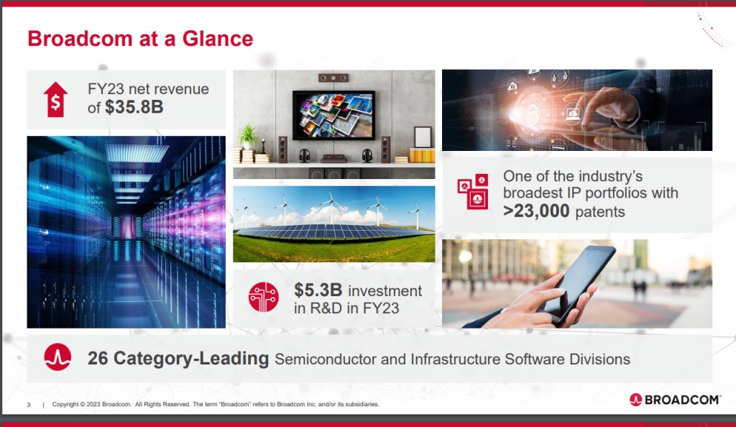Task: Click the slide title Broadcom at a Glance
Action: [x=140, y=39]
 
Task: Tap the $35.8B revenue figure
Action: [x=134, y=107]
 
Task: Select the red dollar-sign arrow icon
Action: [x=56, y=99]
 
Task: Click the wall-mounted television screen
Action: [x=333, y=115]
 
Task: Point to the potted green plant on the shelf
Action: [x=248, y=136]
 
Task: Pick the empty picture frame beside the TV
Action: [x=423, y=137]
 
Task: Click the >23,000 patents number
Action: [x=536, y=211]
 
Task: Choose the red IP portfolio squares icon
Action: [x=473, y=191]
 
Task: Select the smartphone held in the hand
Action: [x=577, y=283]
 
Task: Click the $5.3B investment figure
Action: [x=318, y=290]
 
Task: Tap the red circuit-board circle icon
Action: [x=264, y=297]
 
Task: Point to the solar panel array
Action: [x=334, y=231]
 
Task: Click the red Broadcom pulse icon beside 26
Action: [x=57, y=357]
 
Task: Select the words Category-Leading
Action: [x=191, y=359]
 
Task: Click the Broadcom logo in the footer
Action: [x=674, y=399]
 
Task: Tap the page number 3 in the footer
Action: [x=29, y=405]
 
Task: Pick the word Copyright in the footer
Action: [x=65, y=404]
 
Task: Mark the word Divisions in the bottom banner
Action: [x=599, y=359]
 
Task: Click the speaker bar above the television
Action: [x=333, y=78]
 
